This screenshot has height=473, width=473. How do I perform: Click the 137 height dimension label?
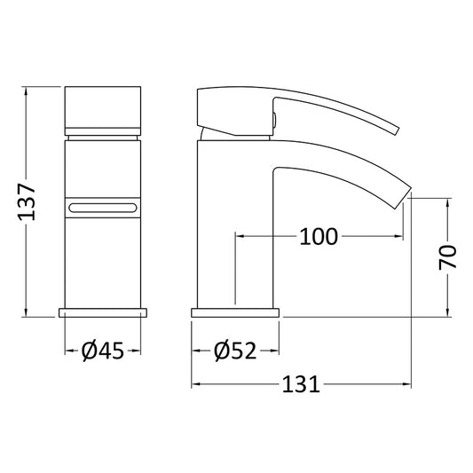click(x=27, y=201)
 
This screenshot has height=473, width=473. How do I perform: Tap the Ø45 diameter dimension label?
click(x=103, y=351)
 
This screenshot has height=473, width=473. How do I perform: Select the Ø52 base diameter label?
click(x=235, y=351)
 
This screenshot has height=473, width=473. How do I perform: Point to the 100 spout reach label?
click(x=319, y=236)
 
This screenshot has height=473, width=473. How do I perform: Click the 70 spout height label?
click(x=447, y=257)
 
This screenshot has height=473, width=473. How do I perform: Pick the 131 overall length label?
click(x=301, y=384)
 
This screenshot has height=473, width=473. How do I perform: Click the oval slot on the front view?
click(x=103, y=208)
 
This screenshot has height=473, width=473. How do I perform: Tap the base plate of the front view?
click(x=103, y=312)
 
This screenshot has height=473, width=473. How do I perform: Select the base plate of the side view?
click(x=235, y=312)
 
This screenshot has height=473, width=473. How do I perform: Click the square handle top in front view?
click(x=103, y=107)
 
